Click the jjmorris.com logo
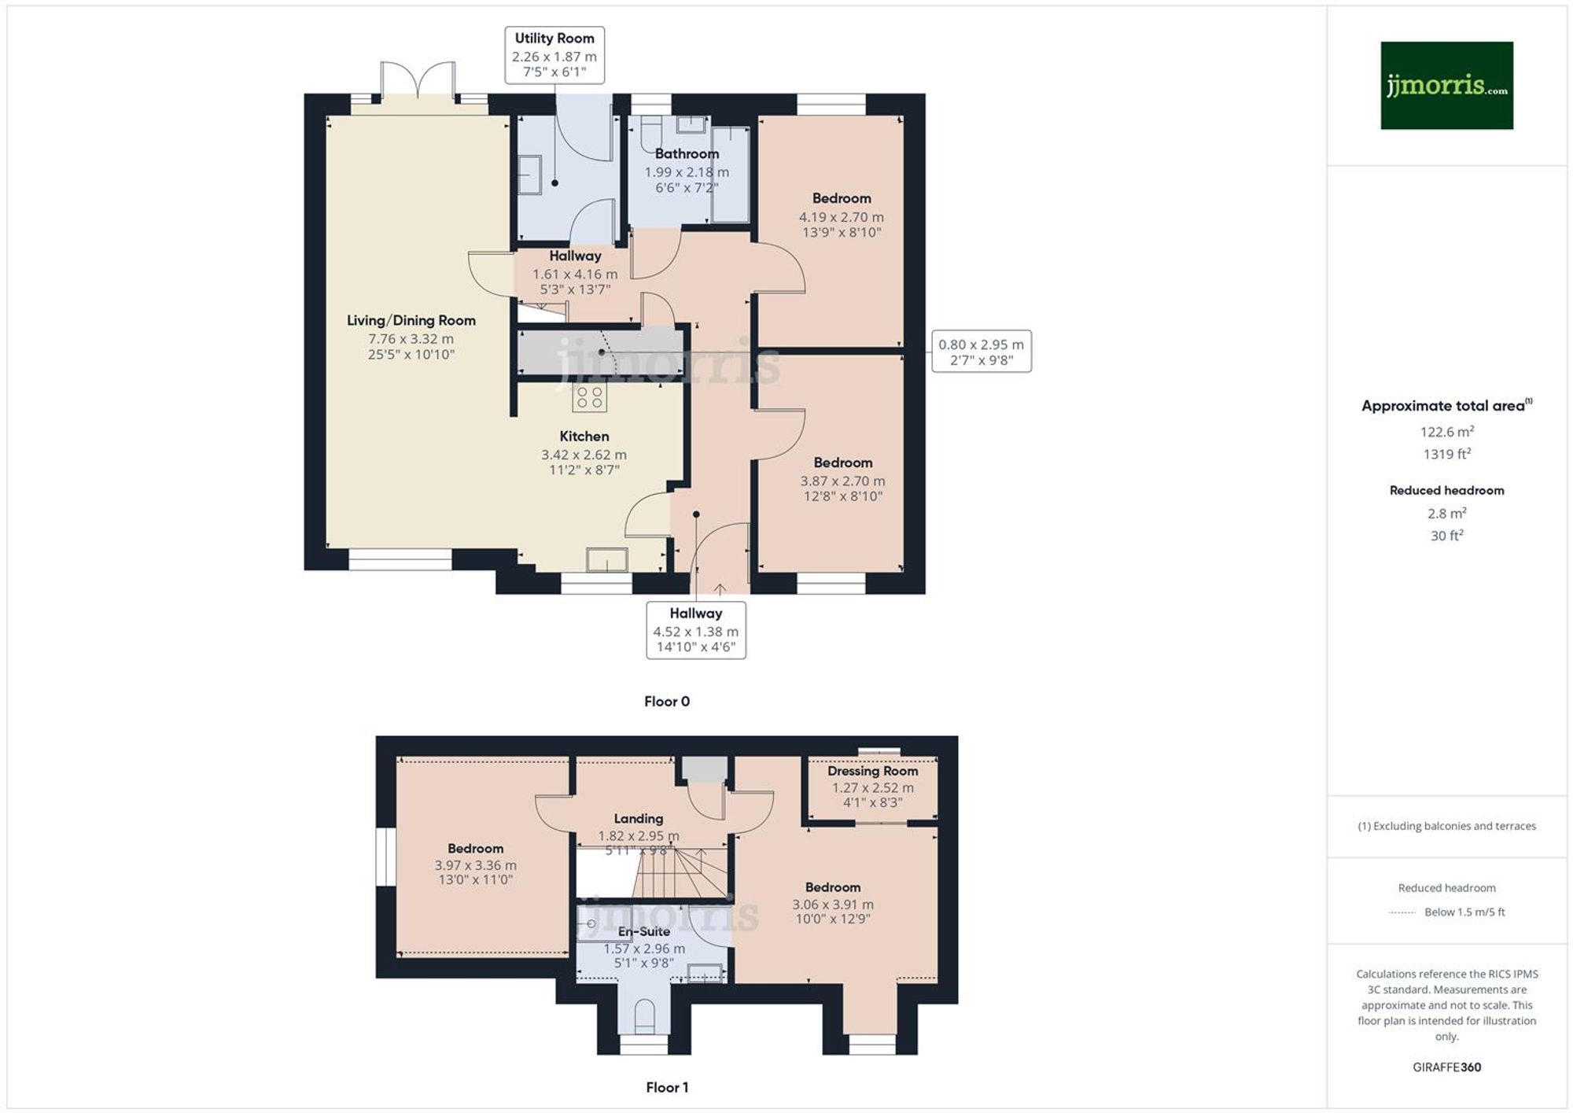[1446, 85]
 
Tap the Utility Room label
[554, 38]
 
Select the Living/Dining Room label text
[411, 320]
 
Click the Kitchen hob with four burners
[590, 398]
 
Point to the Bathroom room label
[687, 153]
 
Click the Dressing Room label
[872, 771]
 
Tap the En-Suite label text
[644, 931]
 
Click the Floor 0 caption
[667, 701]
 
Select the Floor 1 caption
[667, 1087]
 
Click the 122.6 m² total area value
[1446, 431]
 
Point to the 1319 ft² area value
[1446, 454]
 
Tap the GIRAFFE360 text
[1446, 1067]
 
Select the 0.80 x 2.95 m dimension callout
[982, 352]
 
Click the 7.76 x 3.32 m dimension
[411, 339]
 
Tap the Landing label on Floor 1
[639, 819]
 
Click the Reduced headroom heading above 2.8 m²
[1446, 490]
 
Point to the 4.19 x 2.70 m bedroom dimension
[842, 217]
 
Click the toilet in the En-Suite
[644, 1016]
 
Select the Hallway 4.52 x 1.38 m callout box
[696, 630]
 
